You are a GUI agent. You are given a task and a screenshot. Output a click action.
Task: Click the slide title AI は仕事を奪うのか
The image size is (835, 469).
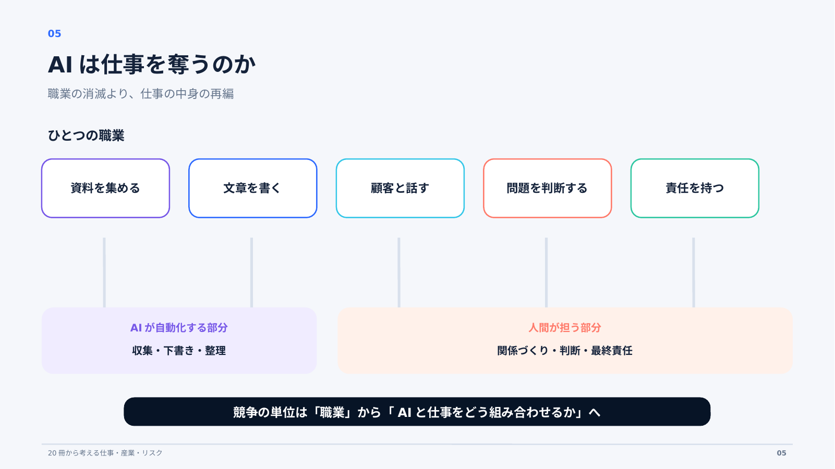pyautogui.click(x=152, y=65)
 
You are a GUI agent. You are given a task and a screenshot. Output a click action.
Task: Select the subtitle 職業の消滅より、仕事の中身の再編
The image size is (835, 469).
pyautogui.click(x=140, y=94)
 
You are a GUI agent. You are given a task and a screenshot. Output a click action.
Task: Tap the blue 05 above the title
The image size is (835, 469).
pyautogui.click(x=54, y=33)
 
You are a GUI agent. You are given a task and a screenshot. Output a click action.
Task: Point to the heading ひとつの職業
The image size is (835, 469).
pyautogui.click(x=86, y=135)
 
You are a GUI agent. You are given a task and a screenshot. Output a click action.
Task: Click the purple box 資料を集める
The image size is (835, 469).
pyautogui.click(x=105, y=188)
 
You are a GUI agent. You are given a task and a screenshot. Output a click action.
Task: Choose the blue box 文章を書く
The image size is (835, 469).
pyautogui.click(x=253, y=188)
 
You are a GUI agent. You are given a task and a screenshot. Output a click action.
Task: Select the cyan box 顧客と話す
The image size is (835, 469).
pyautogui.click(x=400, y=188)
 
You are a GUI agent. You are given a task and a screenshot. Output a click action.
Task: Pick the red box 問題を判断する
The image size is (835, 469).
pyautogui.click(x=547, y=188)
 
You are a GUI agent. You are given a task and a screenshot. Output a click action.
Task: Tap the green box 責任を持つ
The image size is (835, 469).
pyautogui.click(x=695, y=188)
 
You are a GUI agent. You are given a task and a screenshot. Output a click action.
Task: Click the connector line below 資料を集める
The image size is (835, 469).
pyautogui.click(x=104, y=273)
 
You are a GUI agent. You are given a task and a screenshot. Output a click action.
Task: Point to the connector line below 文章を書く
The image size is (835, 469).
pyautogui.click(x=251, y=273)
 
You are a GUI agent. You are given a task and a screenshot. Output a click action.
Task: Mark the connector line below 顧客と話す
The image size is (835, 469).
pyautogui.click(x=399, y=273)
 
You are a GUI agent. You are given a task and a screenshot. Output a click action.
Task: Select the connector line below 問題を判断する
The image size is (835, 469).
pyautogui.click(x=546, y=273)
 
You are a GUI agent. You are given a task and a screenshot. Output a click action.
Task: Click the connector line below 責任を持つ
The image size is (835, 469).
pyautogui.click(x=693, y=273)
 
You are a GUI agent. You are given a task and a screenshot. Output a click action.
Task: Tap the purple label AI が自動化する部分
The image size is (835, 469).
pyautogui.click(x=179, y=328)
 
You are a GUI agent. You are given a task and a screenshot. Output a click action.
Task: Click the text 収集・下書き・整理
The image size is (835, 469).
pyautogui.click(x=179, y=351)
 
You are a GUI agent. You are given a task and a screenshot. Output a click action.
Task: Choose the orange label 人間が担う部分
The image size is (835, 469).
pyautogui.click(x=565, y=328)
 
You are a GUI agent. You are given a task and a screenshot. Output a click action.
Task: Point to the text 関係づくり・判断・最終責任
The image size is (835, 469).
pyautogui.click(x=565, y=351)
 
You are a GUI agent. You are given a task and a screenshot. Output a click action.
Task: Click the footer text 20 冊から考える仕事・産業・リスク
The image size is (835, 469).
pyautogui.click(x=105, y=453)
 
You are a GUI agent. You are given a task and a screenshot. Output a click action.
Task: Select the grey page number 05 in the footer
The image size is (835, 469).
pyautogui.click(x=781, y=453)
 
